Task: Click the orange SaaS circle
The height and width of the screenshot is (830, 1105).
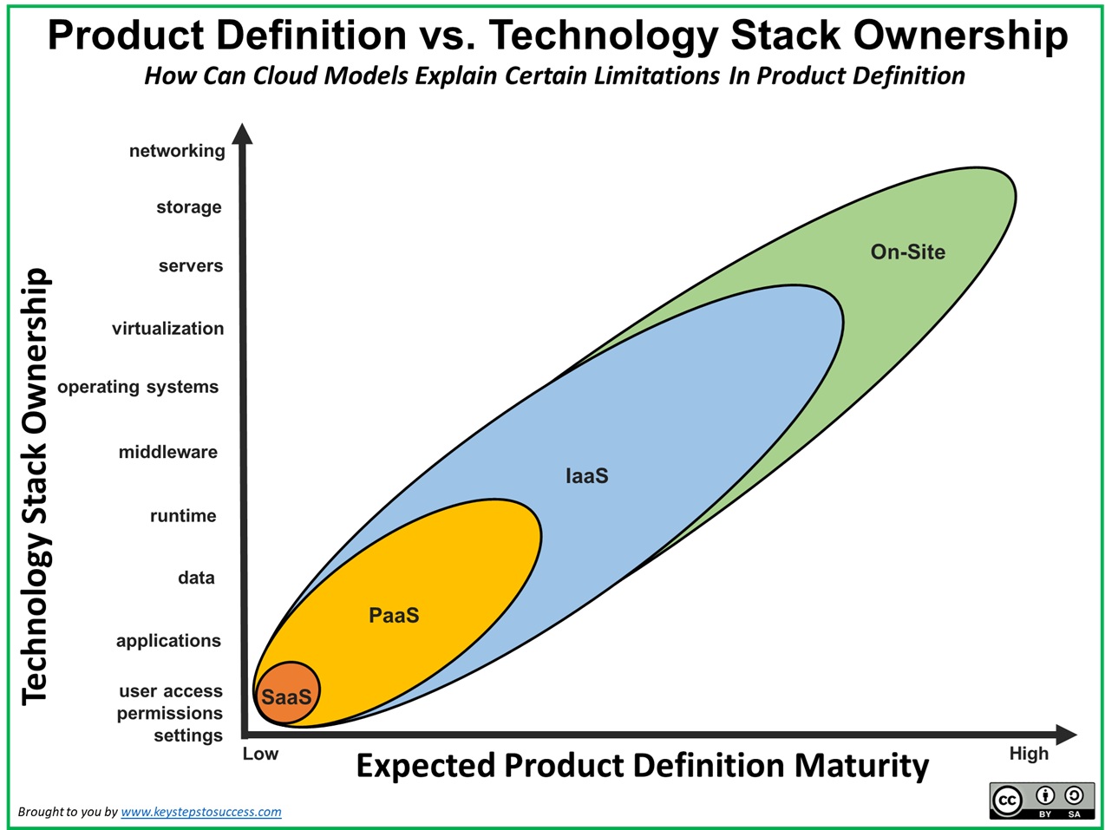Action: (287, 693)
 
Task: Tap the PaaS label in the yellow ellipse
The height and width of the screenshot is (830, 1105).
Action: (394, 615)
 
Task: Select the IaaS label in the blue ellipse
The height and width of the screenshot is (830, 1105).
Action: (587, 475)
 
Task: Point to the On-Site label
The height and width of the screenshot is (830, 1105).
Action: (907, 252)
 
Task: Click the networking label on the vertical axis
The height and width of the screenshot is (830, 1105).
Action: (177, 151)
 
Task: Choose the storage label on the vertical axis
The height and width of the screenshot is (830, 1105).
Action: (189, 207)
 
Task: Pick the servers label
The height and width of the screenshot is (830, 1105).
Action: (191, 265)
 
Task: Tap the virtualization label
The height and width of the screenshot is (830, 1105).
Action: (167, 328)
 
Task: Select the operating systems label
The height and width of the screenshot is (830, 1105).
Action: (138, 387)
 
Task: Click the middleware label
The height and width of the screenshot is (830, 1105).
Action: (168, 452)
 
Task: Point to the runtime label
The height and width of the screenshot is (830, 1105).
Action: (183, 516)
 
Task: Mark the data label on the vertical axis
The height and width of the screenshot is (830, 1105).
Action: (196, 578)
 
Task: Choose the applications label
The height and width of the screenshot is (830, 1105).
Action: (168, 641)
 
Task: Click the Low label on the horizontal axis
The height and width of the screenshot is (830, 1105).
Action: (260, 754)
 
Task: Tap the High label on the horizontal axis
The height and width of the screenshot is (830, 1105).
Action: (1029, 754)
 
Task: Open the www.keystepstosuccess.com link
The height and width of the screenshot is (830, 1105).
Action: (201, 812)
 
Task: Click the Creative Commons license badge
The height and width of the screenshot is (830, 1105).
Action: (1042, 801)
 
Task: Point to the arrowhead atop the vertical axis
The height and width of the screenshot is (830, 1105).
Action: (242, 134)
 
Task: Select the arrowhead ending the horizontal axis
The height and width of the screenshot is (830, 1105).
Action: (1066, 735)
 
